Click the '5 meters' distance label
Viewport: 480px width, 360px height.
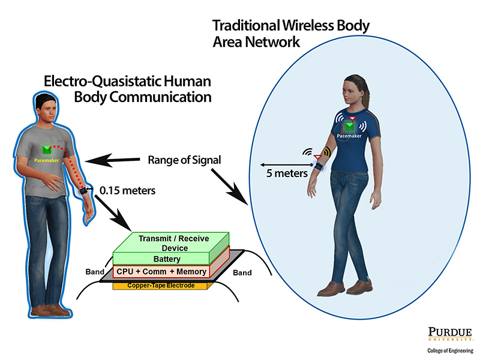click(287, 173)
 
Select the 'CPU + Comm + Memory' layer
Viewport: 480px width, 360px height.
click(161, 272)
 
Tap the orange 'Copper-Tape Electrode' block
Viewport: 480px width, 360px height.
click(161, 285)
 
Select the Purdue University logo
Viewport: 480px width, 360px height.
click(449, 335)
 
